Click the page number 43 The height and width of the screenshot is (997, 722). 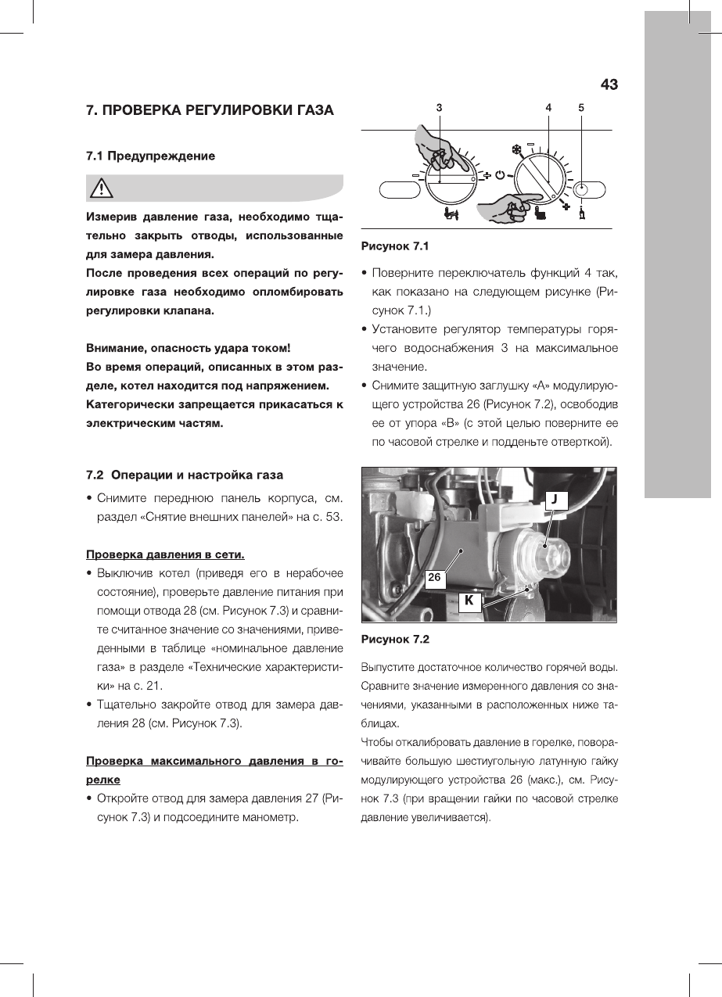pyautogui.click(x=609, y=84)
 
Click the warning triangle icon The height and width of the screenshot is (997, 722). pyautogui.click(x=102, y=188)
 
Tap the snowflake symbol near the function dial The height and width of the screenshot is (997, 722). pyautogui.click(x=515, y=148)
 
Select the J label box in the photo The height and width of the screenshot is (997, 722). pyautogui.click(x=554, y=498)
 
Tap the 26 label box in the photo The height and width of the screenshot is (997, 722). pyautogui.click(x=435, y=578)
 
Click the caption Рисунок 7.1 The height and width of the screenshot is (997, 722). pyautogui.click(x=395, y=246)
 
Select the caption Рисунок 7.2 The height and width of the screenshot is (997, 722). pyautogui.click(x=395, y=640)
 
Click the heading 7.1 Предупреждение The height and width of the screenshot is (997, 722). pyautogui.click(x=150, y=156)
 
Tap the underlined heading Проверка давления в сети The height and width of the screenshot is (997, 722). pyautogui.click(x=165, y=554)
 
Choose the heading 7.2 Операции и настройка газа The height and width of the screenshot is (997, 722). pyautogui.click(x=185, y=475)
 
